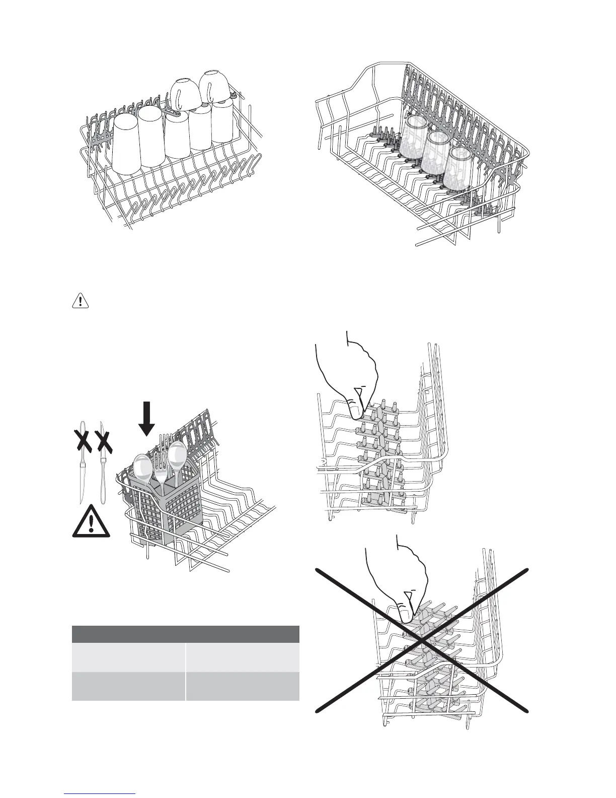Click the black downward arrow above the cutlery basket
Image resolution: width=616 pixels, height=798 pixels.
(x=146, y=418)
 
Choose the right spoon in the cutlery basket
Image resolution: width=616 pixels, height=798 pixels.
(x=177, y=455)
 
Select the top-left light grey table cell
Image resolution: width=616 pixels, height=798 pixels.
(x=128, y=656)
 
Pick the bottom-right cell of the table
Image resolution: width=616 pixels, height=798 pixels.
(x=243, y=686)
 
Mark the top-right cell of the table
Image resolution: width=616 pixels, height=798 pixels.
(x=243, y=656)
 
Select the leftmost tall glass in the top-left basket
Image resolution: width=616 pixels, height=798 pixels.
(x=126, y=144)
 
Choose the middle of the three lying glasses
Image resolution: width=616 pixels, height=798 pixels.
(x=436, y=152)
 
